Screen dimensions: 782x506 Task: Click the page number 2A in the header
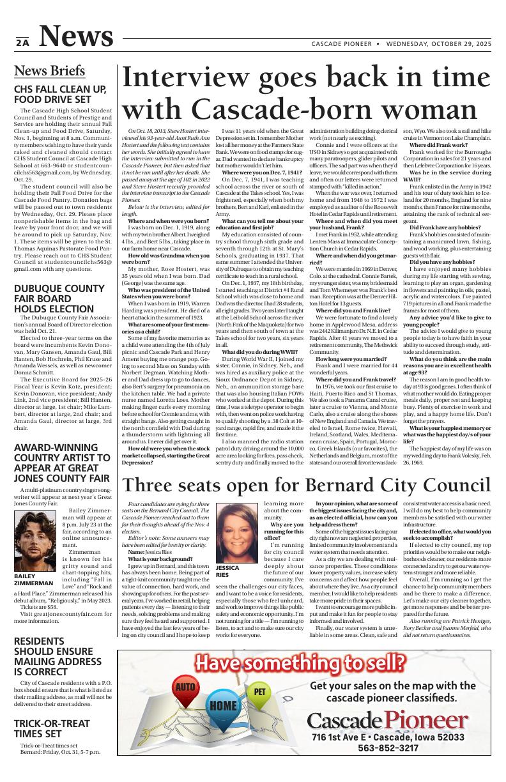point(22,43)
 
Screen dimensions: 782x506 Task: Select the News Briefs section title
point(49,70)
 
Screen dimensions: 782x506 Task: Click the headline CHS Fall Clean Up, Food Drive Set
point(60,94)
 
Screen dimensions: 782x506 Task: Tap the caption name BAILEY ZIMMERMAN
point(33,579)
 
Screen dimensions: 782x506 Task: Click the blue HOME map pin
point(223,705)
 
